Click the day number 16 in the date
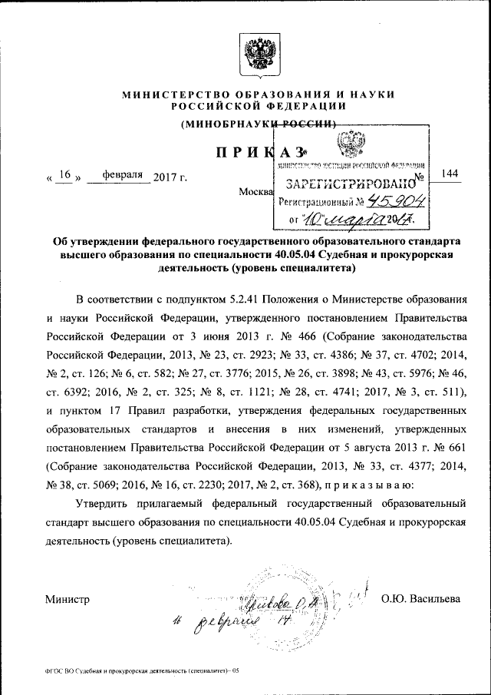[x=64, y=175]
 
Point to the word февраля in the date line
[x=117, y=175]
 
